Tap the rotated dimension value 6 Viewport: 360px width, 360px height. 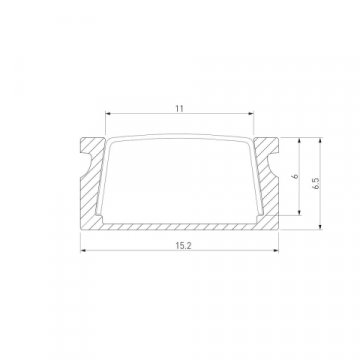(x=295, y=176)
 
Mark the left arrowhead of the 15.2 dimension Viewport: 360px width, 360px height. (x=83, y=252)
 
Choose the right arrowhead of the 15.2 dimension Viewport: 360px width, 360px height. (x=278, y=252)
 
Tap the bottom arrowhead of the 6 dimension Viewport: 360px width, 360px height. (x=303, y=214)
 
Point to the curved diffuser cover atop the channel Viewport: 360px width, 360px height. (x=180, y=139)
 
